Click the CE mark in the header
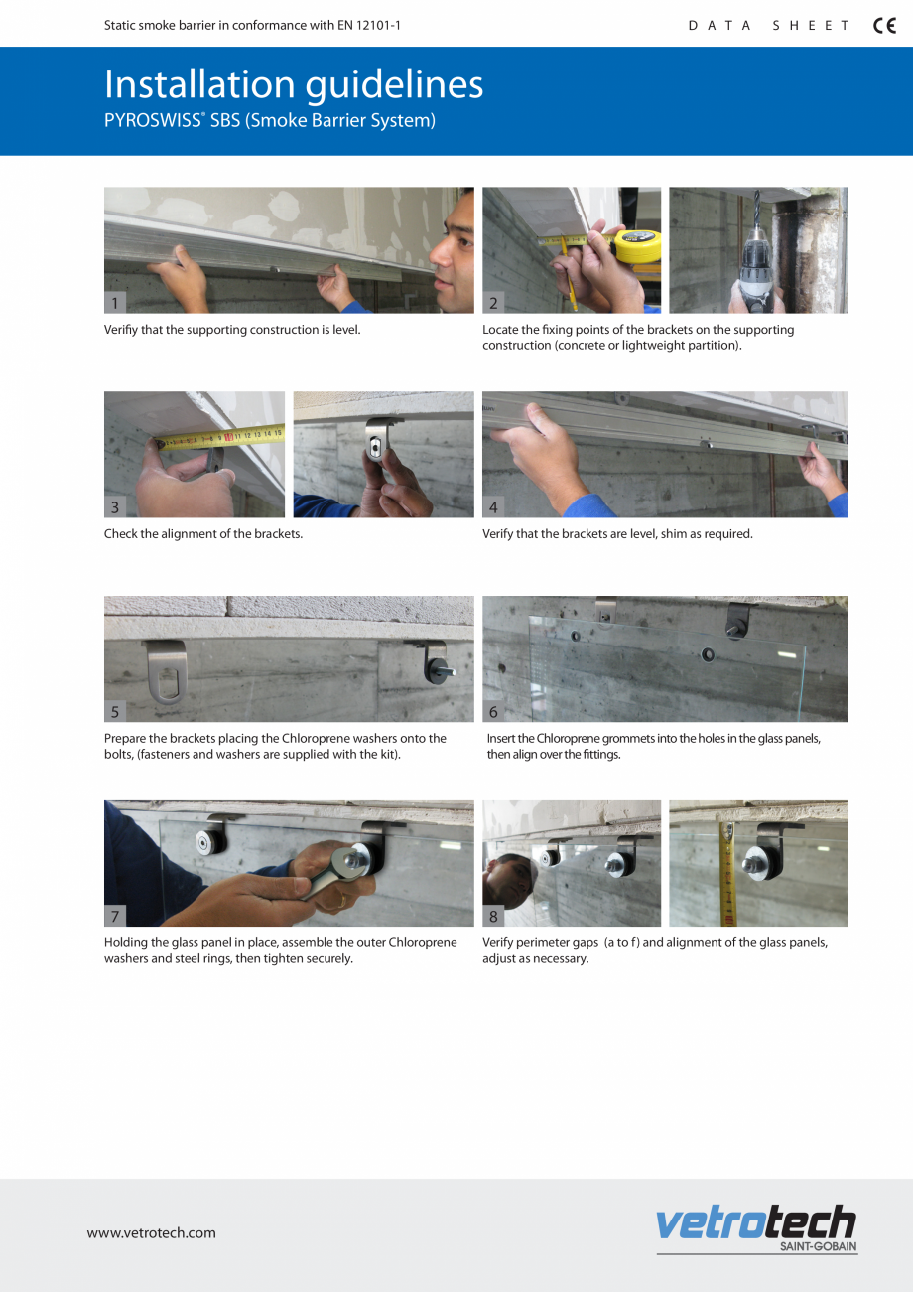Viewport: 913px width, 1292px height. pos(884,26)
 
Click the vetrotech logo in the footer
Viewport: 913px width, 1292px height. pos(755,1224)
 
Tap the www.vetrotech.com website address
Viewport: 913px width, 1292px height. pos(151,1233)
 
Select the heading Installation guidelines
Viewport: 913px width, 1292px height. pos(294,85)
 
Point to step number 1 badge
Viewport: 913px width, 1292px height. pos(115,303)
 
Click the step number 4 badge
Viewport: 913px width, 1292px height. pos(493,507)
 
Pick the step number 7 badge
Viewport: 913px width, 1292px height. pos(115,916)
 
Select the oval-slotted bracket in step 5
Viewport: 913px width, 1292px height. pos(165,671)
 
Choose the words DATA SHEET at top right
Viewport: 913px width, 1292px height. pos(769,26)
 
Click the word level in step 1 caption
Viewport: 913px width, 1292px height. pos(342,330)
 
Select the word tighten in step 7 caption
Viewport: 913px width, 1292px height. pos(283,959)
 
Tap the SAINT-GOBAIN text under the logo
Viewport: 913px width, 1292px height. pos(818,1246)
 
